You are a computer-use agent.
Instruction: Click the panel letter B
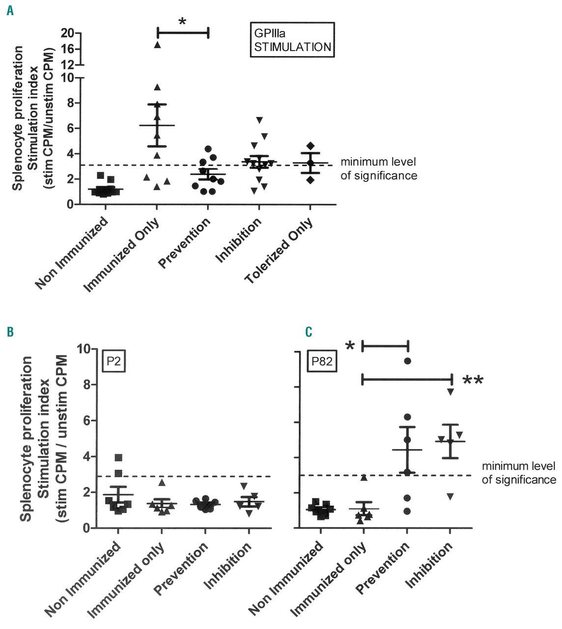[10, 333]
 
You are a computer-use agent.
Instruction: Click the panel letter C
[309, 333]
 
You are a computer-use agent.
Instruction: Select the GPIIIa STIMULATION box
[292, 40]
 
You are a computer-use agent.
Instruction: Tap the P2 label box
[114, 362]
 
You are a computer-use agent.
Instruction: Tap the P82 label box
[322, 362]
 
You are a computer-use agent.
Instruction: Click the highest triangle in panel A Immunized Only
[157, 45]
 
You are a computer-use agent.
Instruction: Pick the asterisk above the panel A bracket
[182, 22]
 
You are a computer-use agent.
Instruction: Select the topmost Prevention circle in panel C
[407, 361]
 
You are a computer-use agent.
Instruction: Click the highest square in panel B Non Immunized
[118, 457]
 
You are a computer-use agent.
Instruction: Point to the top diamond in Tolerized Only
[310, 145]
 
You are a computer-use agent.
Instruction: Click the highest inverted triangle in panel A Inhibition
[259, 120]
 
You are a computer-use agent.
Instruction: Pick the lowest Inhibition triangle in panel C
[450, 496]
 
